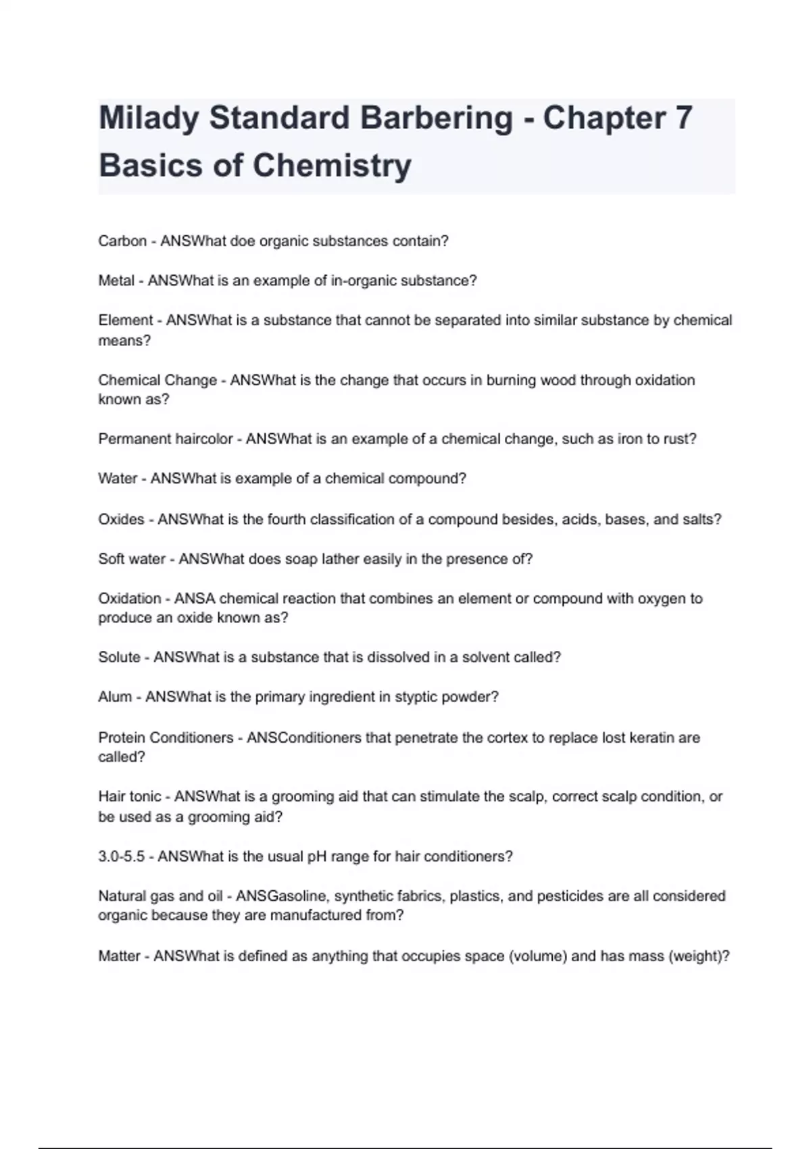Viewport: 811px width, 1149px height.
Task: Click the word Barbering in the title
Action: (436, 118)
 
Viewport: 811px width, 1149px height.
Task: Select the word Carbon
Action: (122, 241)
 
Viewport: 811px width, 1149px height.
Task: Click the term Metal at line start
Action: (116, 280)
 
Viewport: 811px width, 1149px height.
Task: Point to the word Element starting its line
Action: (126, 320)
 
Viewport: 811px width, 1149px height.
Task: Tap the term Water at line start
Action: (118, 479)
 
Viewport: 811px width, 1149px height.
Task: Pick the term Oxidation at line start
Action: (130, 599)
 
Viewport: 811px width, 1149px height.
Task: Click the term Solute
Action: (119, 657)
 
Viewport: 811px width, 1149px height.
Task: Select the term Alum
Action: (115, 697)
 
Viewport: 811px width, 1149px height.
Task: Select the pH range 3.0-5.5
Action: (122, 856)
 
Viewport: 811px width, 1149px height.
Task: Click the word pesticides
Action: (555, 896)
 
